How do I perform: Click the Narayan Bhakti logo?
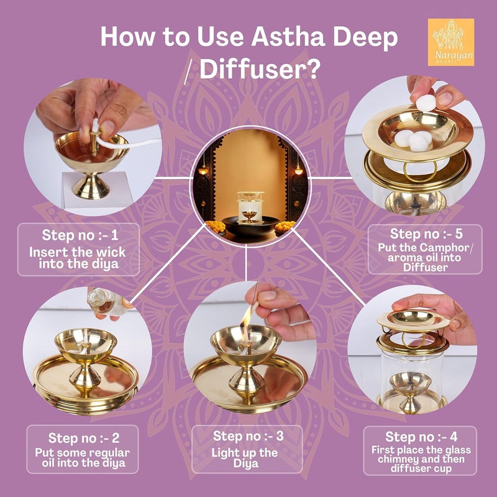point(451,42)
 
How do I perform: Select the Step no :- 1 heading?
point(80,235)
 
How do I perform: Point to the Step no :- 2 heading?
point(84,438)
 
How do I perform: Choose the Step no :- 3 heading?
point(248,436)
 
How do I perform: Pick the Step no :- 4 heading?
point(421,437)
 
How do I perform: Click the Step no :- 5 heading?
point(426,234)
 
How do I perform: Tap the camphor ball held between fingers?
point(426,103)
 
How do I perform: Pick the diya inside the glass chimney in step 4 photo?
point(410,391)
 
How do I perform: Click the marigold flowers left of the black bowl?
point(216,226)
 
